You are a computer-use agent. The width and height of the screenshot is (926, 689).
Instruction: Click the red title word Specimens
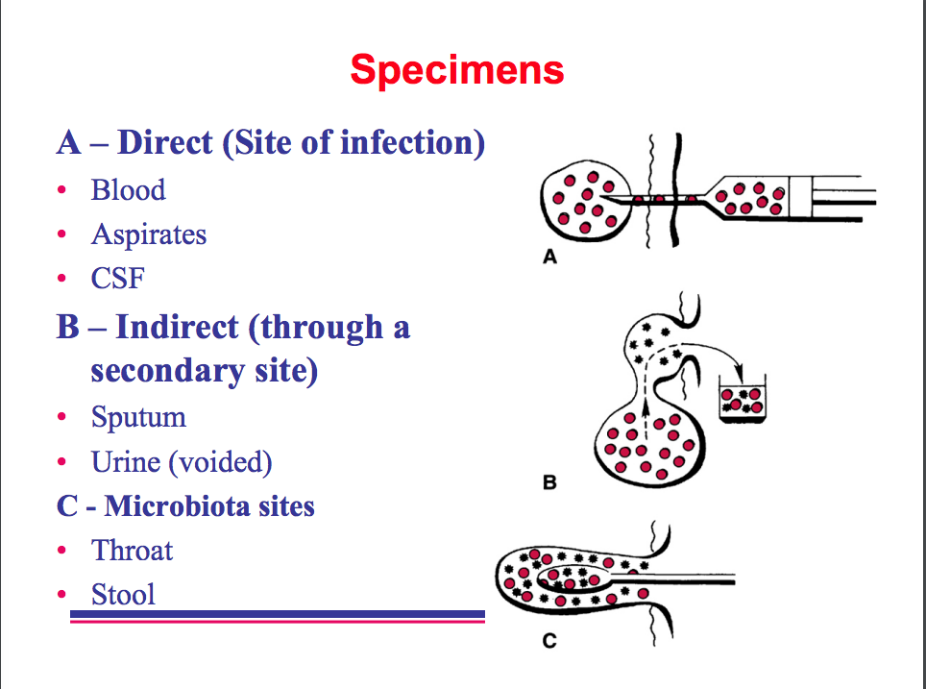click(456, 70)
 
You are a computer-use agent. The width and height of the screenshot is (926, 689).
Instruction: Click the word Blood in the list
click(128, 190)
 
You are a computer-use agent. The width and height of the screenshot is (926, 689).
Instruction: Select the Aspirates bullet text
click(149, 234)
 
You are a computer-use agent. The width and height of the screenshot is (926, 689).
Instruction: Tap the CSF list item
click(117, 279)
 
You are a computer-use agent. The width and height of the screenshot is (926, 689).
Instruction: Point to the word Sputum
click(138, 417)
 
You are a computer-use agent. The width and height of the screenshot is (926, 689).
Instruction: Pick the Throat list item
click(132, 551)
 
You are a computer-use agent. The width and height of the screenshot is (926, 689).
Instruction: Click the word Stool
click(123, 595)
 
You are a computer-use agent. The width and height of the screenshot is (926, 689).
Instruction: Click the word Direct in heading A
click(164, 143)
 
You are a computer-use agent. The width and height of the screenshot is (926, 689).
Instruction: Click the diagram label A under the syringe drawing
click(550, 258)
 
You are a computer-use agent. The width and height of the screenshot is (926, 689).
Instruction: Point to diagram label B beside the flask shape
click(549, 482)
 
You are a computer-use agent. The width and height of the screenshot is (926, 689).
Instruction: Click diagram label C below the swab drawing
click(548, 641)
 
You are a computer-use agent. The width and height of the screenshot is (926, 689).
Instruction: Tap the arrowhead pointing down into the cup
click(741, 377)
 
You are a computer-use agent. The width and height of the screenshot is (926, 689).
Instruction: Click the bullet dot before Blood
click(62, 190)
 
